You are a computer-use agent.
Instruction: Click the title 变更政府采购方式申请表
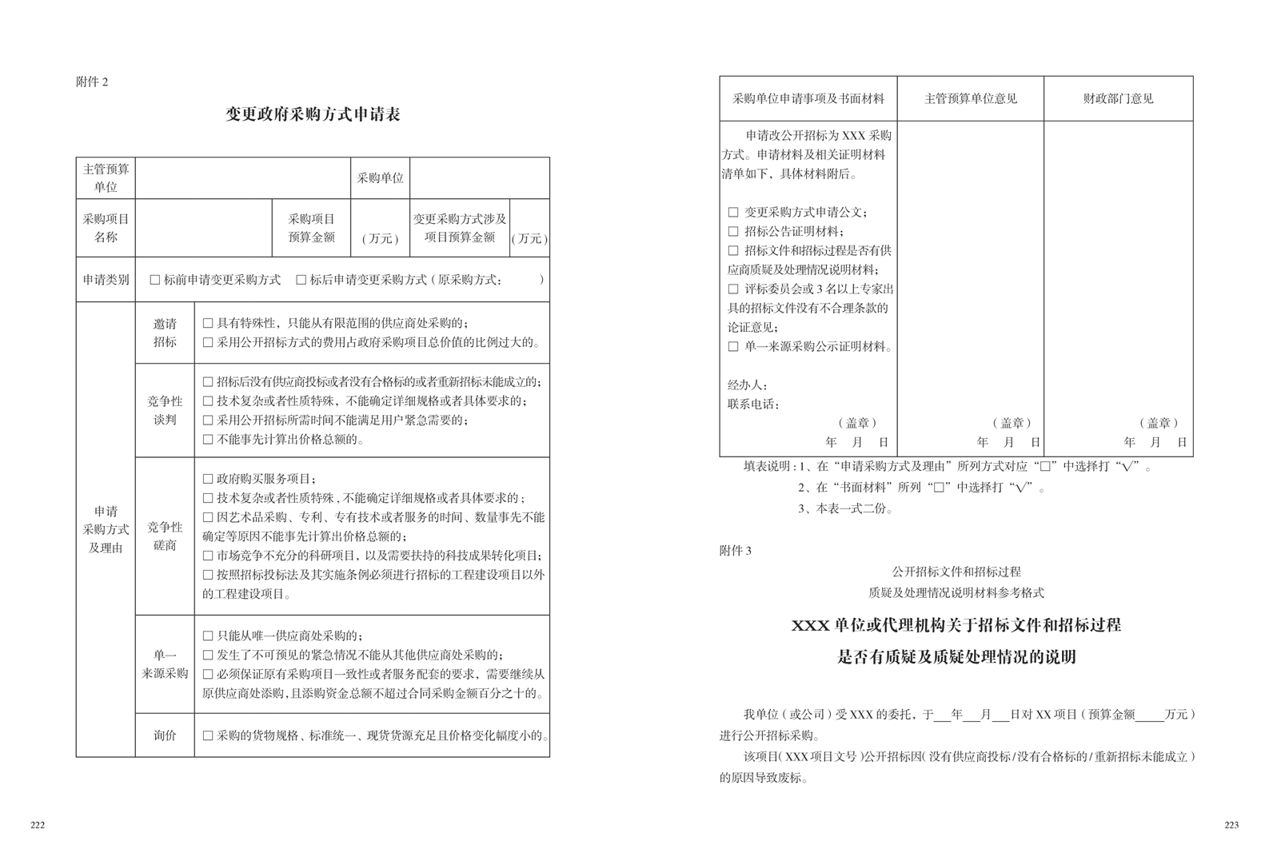[313, 114]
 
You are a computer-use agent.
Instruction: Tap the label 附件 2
[92, 82]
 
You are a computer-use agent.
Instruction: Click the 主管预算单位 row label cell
[106, 178]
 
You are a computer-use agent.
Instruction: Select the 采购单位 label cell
[380, 178]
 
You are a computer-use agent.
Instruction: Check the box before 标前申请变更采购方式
[155, 280]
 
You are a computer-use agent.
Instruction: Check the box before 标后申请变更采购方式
[301, 280]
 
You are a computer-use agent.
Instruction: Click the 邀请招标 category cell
[165, 333]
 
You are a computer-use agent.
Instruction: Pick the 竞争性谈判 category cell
[165, 410]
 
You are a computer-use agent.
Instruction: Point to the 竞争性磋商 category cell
[165, 536]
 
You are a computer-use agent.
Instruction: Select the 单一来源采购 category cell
[165, 664]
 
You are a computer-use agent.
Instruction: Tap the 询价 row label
[165, 735]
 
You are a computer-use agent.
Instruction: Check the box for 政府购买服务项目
[208, 479]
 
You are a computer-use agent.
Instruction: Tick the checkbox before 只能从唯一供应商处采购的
[208, 636]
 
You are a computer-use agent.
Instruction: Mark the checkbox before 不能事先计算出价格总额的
[208, 440]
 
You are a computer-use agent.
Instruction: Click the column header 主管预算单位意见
[970, 98]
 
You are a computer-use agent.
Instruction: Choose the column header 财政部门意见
[1118, 98]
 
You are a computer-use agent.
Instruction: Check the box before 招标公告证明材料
[733, 232]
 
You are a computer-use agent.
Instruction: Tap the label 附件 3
[736, 551]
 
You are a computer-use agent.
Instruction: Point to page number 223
[1231, 825]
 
